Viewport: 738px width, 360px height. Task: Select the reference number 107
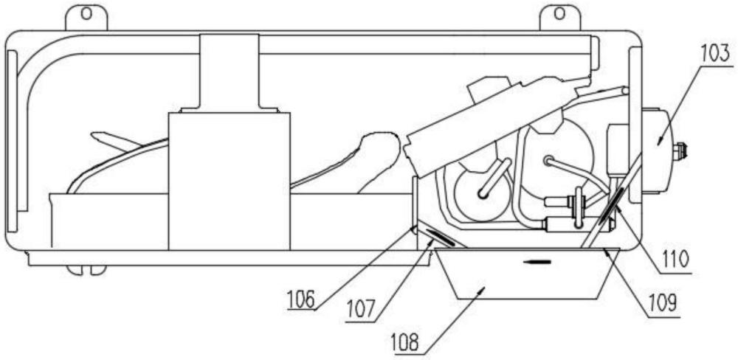(362, 311)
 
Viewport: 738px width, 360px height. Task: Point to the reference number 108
(404, 342)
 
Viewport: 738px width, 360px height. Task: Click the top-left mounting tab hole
(86, 13)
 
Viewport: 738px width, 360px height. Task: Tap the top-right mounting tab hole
(559, 13)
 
